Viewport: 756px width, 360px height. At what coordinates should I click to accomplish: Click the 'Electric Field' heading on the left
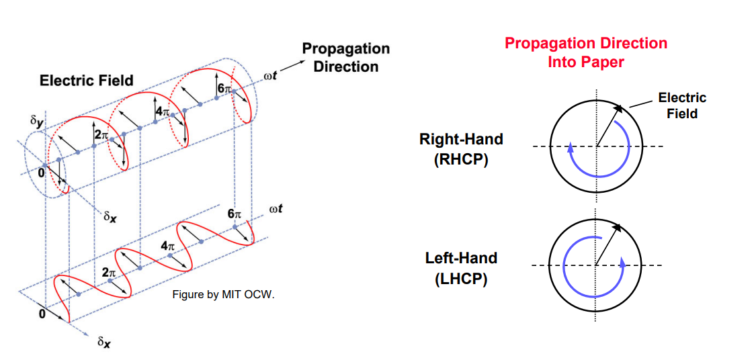[x=87, y=81]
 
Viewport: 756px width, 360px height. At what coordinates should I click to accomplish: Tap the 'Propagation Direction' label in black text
[x=345, y=58]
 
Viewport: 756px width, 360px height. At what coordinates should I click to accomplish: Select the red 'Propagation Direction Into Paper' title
[x=586, y=52]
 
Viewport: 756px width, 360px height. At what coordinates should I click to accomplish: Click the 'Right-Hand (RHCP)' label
[x=461, y=150]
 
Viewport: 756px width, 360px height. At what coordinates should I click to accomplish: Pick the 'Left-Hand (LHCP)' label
[x=461, y=268]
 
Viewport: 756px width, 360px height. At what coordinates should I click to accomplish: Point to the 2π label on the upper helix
[x=101, y=135]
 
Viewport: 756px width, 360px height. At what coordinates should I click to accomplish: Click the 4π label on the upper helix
[x=162, y=111]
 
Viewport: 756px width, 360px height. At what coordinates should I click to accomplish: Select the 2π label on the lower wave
[x=109, y=273]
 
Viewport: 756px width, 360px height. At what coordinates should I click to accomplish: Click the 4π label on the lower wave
[x=169, y=246]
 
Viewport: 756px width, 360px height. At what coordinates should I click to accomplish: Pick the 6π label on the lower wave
[x=234, y=214]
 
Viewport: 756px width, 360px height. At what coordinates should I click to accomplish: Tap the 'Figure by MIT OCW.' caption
[x=223, y=294]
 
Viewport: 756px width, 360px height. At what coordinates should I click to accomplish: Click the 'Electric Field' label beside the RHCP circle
[x=682, y=105]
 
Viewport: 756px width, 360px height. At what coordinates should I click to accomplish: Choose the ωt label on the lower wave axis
[x=275, y=209]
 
